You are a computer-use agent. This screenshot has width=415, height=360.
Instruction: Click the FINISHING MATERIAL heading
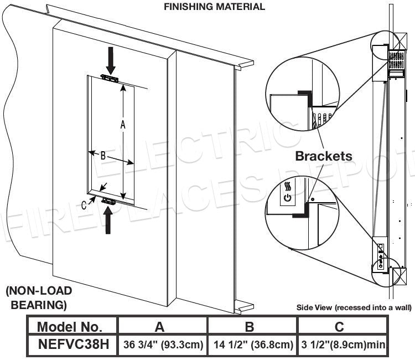(214, 7)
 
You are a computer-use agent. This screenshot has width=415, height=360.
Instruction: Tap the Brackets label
(324, 156)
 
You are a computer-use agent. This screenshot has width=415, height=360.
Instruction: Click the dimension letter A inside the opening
(123, 125)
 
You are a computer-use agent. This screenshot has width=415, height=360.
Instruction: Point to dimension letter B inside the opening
(103, 156)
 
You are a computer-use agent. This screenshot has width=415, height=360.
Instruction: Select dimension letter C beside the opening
(84, 205)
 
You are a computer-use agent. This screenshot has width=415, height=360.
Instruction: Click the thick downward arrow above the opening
(111, 60)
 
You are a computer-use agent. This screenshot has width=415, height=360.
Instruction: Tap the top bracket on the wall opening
(110, 78)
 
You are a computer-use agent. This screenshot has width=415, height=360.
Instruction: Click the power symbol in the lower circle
(287, 197)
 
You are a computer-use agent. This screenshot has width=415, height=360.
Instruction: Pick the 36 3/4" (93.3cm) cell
(162, 345)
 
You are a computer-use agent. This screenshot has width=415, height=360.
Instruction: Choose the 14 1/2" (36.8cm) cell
(252, 345)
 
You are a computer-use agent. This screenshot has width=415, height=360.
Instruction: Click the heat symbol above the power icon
(287, 185)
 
